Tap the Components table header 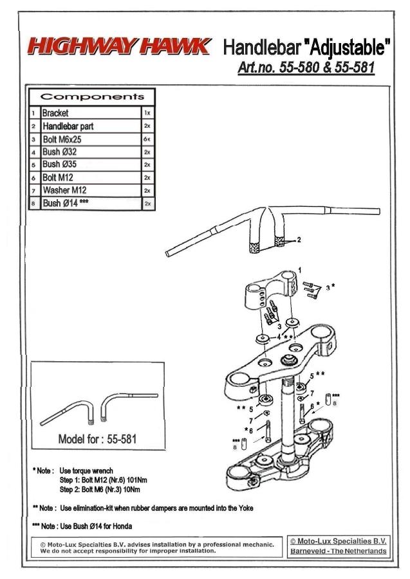pyautogui.click(x=93, y=97)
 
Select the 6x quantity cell pyautogui.click(x=147, y=138)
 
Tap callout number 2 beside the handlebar pyautogui.click(x=298, y=240)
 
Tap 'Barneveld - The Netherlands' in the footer pyautogui.click(x=338, y=551)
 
